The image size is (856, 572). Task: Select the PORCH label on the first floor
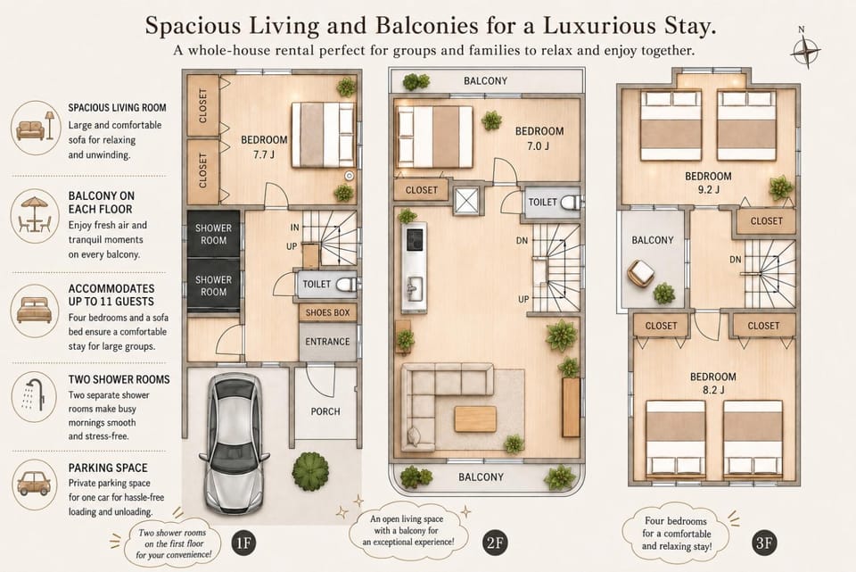(x=325, y=411)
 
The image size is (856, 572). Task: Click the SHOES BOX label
(x=327, y=312)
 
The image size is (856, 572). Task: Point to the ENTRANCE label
(x=327, y=342)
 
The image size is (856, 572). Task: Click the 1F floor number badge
(x=243, y=543)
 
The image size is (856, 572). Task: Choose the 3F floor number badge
(x=764, y=543)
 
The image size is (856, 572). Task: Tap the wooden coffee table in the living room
(x=475, y=419)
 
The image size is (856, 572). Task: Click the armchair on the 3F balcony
(x=641, y=273)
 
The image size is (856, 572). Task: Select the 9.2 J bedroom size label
(x=708, y=190)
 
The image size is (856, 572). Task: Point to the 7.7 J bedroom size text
(x=264, y=154)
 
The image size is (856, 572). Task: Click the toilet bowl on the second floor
(x=571, y=203)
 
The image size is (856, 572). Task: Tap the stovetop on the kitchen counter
(x=415, y=239)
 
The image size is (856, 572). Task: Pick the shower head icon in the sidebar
(x=34, y=394)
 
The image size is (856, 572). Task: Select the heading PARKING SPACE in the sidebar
(x=108, y=468)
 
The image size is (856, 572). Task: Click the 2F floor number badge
(x=495, y=543)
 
